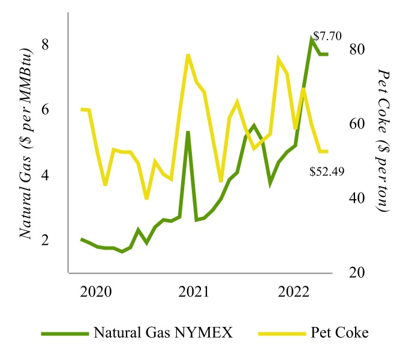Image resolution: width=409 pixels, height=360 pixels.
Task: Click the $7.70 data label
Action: click(327, 36)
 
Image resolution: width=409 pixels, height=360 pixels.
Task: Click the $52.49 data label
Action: click(327, 172)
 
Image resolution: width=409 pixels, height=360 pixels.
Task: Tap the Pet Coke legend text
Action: click(344, 332)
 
